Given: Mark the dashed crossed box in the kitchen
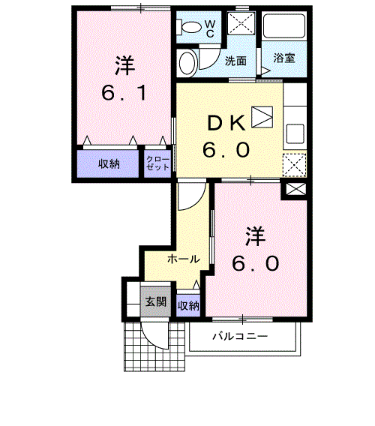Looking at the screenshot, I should pos(294,163).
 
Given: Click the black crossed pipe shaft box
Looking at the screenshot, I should pos(293,190).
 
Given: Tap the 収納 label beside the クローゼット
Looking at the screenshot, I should pos(109,164).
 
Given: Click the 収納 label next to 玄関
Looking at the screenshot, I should pos(188,305).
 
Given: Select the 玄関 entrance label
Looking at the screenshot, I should pos(155,302).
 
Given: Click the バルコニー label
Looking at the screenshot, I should pos(239,337).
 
